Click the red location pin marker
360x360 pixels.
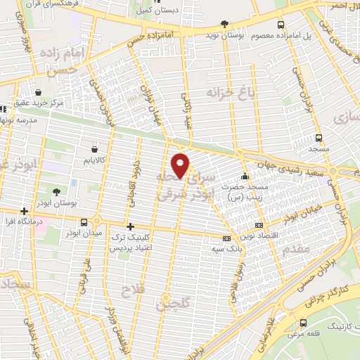tap(181, 165)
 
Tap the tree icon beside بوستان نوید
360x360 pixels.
tap(224, 25)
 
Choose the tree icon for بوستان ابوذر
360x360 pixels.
tap(56, 191)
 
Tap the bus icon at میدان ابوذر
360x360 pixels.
tap(84, 222)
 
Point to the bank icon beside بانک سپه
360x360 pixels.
tap(225, 238)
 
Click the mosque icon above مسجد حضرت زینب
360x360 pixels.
tap(244, 175)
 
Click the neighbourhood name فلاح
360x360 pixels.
tap(131, 289)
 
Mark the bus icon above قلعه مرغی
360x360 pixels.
tap(302, 323)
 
